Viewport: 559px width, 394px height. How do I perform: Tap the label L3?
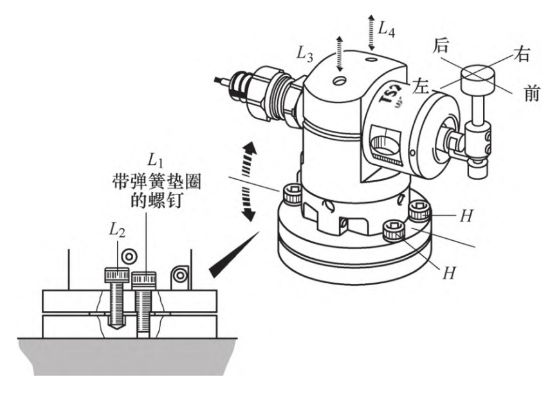305,54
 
